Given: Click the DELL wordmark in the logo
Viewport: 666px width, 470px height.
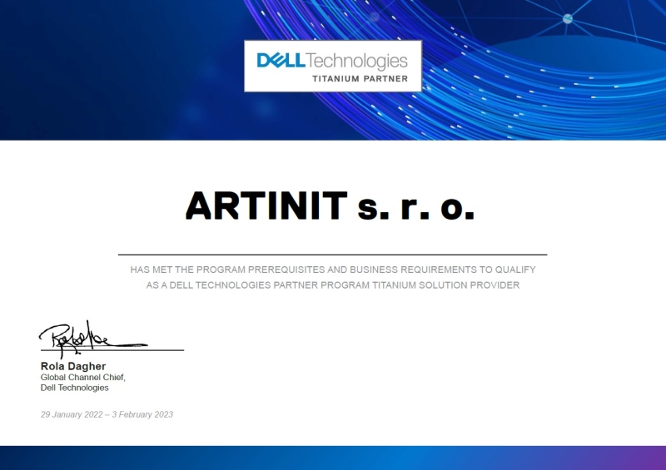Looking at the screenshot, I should pyautogui.click(x=281, y=61).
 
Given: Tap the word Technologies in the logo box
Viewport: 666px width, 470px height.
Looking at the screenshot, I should pyautogui.click(x=357, y=61).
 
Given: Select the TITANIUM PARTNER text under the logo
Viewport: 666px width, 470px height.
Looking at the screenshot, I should pyautogui.click(x=360, y=79).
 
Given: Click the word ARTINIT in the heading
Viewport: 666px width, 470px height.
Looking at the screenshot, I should pyautogui.click(x=266, y=205).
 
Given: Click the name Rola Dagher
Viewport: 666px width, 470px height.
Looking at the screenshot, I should pyautogui.click(x=73, y=366).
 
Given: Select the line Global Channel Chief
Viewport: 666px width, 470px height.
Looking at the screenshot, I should pyautogui.click(x=83, y=377).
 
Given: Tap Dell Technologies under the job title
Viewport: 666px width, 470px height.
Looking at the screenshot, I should pyautogui.click(x=75, y=388).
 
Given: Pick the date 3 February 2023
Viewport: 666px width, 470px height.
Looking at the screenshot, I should pyautogui.click(x=144, y=414).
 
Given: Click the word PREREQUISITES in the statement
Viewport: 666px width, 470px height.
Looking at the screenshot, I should pyautogui.click(x=281, y=270).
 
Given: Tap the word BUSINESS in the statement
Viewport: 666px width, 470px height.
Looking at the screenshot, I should pyautogui.click(x=373, y=270).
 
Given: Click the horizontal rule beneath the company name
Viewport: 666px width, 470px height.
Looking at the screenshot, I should pyautogui.click(x=333, y=255).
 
